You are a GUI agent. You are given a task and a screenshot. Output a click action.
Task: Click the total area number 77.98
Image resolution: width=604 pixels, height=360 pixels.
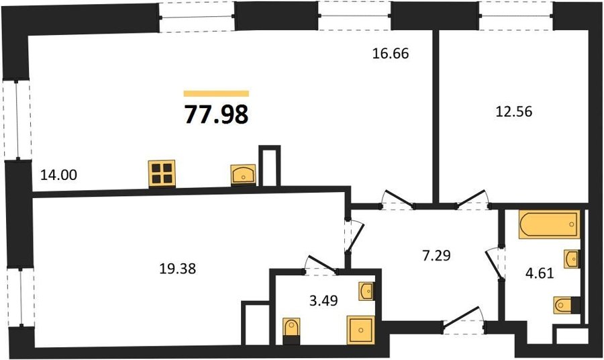tap(217, 114)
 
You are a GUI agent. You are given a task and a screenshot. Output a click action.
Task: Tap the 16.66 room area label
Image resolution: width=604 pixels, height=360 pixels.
tap(390, 54)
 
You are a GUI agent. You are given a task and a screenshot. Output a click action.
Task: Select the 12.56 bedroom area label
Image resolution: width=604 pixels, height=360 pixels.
tap(514, 111)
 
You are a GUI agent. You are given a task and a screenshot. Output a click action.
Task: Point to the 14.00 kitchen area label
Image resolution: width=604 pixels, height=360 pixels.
tap(59, 175)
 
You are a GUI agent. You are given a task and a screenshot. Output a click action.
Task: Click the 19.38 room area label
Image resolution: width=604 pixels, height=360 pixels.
tap(178, 269)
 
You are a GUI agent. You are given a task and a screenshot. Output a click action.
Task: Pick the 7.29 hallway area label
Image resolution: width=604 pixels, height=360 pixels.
tap(436, 255)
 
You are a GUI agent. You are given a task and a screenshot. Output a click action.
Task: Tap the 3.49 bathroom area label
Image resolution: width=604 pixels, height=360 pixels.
tap(323, 300)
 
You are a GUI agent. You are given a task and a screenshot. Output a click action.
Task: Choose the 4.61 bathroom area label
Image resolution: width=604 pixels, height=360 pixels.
tap(540, 273)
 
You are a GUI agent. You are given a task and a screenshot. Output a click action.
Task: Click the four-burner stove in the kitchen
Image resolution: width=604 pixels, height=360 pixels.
tap(162, 173)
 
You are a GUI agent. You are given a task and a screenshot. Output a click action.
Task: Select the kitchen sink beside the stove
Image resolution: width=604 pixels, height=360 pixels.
tap(243, 175)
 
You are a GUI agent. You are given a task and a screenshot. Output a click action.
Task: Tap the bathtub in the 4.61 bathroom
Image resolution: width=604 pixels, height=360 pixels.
tap(549, 224)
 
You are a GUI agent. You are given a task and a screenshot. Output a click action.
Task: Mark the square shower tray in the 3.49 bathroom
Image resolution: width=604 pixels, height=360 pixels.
tap(361, 330)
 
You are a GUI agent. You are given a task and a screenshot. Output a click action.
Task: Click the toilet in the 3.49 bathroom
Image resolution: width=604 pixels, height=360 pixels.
tap(291, 331)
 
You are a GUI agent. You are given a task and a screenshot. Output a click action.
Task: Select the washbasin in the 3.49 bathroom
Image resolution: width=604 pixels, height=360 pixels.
tap(366, 291)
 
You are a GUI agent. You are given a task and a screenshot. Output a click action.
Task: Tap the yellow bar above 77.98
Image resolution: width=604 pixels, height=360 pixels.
tap(217, 93)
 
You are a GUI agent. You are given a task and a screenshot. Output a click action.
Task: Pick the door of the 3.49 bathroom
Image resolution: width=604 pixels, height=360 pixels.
tap(321, 265)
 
